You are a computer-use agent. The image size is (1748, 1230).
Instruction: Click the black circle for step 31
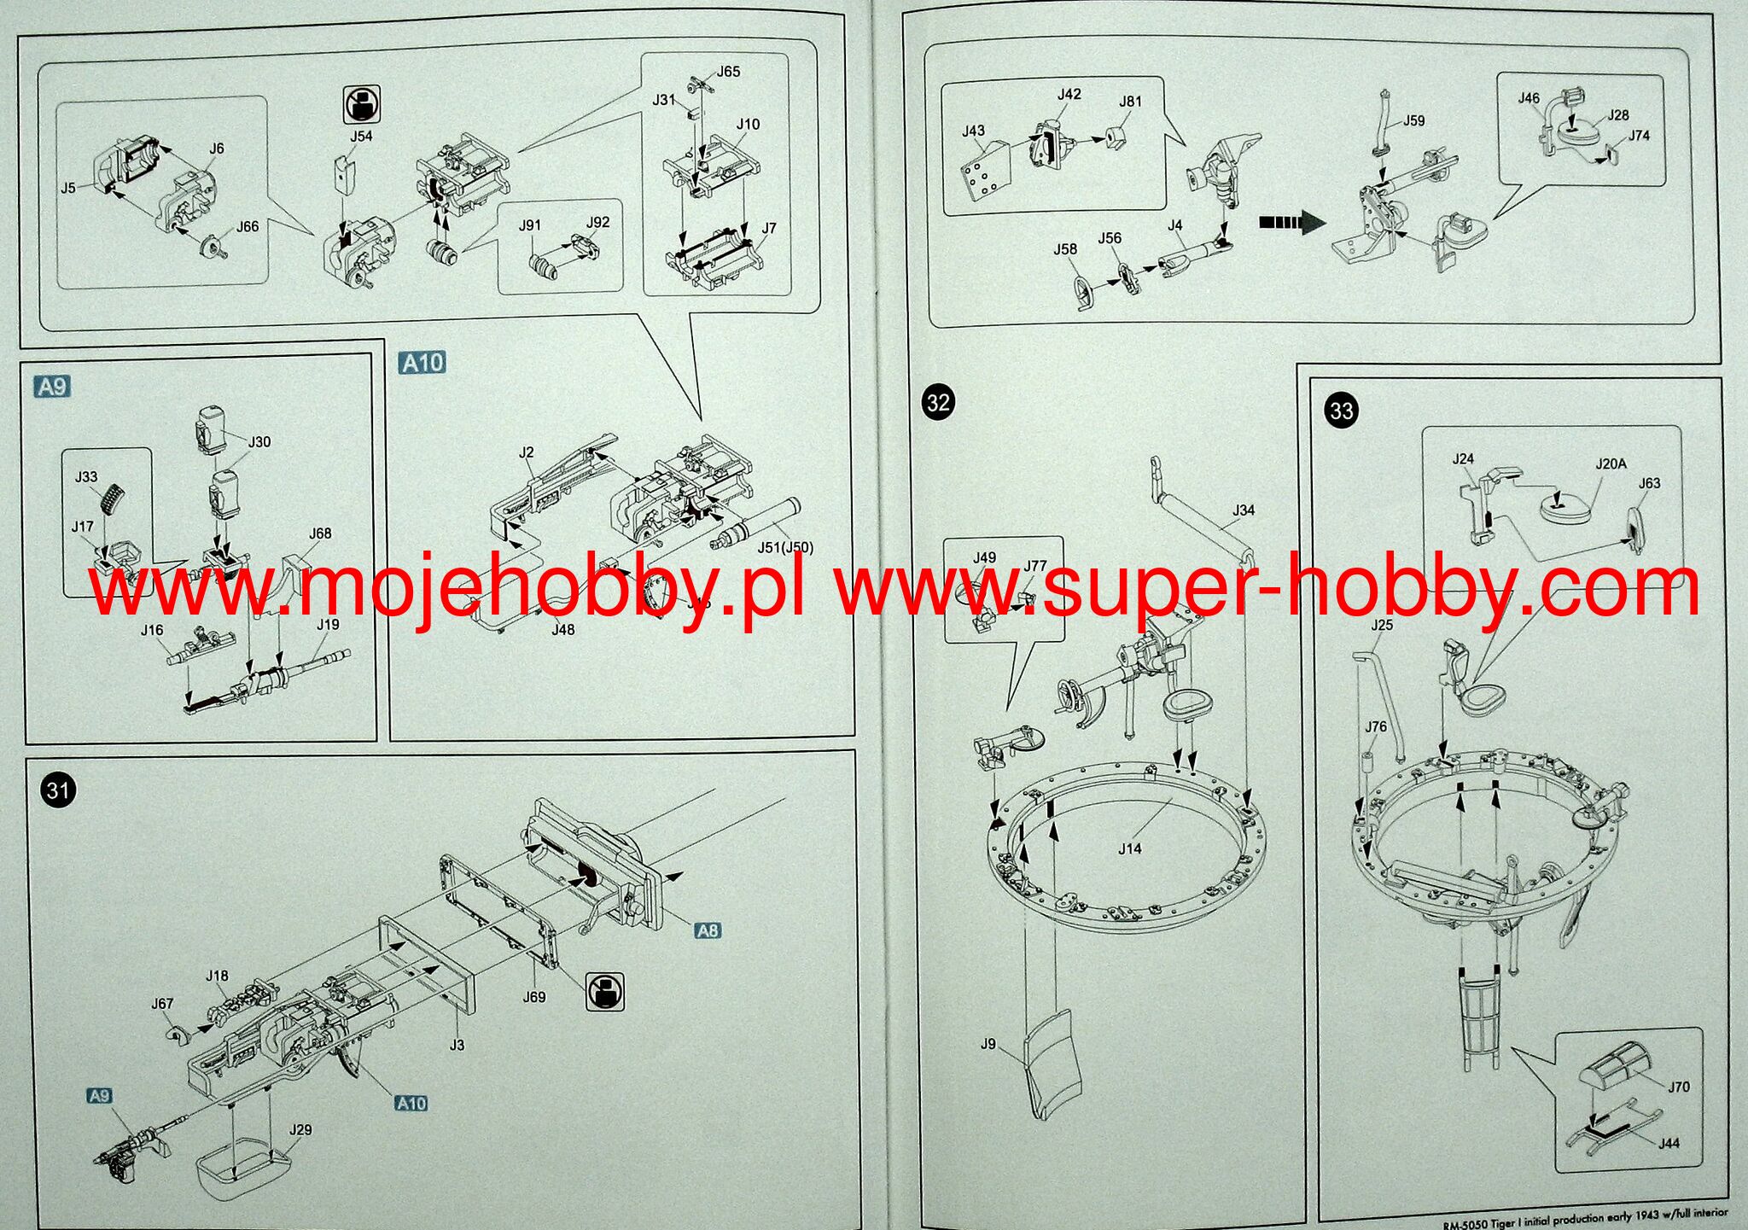[x=58, y=790]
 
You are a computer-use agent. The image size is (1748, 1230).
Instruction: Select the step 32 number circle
[x=938, y=402]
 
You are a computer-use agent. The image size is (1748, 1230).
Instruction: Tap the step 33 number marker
[x=1341, y=411]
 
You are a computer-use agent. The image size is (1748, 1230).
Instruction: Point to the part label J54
[x=361, y=136]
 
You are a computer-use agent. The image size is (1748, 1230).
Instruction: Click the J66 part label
[x=248, y=226]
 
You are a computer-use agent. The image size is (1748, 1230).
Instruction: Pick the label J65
[x=728, y=72]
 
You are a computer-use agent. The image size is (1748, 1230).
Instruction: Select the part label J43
[x=973, y=131]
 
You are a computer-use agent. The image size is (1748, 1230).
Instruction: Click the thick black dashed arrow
[x=1291, y=223]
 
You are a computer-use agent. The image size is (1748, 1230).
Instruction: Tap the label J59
[x=1413, y=120]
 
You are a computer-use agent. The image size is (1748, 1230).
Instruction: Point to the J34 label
[x=1244, y=510]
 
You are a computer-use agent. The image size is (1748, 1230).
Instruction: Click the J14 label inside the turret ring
[x=1129, y=848]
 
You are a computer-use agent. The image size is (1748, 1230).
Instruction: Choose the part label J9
[x=988, y=1043]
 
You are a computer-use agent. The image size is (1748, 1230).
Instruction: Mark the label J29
[x=300, y=1129]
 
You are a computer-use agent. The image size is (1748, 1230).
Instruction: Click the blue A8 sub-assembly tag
[x=708, y=930]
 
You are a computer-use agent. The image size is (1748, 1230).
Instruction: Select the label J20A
[x=1611, y=463]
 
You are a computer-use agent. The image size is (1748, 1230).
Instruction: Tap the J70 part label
[x=1678, y=1087]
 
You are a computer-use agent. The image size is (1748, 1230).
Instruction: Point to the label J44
[x=1669, y=1143]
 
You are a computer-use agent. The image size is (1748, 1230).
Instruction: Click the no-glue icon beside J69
[x=605, y=992]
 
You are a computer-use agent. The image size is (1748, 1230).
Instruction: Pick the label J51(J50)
[x=785, y=547]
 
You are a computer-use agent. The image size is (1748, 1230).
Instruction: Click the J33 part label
[x=86, y=476]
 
